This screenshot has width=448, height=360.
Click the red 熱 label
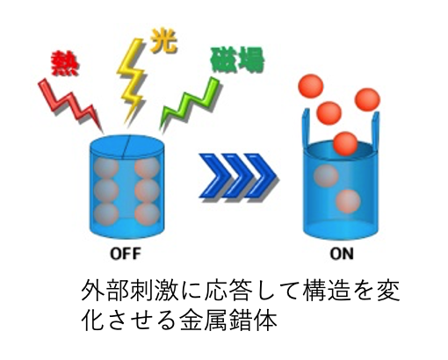pyautogui.click(x=65, y=63)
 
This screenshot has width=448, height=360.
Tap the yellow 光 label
pyautogui.click(x=164, y=42)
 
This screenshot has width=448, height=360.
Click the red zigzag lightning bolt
pyautogui.click(x=71, y=103)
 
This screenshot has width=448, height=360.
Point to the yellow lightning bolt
pyautogui.click(x=133, y=79)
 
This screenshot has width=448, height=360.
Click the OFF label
pyautogui.click(x=126, y=254)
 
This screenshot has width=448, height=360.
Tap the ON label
pyautogui.click(x=342, y=254)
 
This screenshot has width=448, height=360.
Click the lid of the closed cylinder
pyautogui.click(x=126, y=148)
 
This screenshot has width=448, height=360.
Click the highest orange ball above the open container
pyautogui.click(x=311, y=87)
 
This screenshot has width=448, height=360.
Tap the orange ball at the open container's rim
pyautogui.click(x=345, y=144)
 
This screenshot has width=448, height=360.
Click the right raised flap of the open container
pyautogui.click(x=375, y=129)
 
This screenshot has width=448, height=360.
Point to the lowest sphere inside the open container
pyautogui.click(x=348, y=201)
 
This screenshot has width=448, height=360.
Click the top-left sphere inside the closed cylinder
pyautogui.click(x=107, y=168)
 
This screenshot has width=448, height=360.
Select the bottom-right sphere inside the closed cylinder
pyautogui.click(x=148, y=215)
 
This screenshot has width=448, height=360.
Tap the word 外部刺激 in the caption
pyautogui.click(x=130, y=291)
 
